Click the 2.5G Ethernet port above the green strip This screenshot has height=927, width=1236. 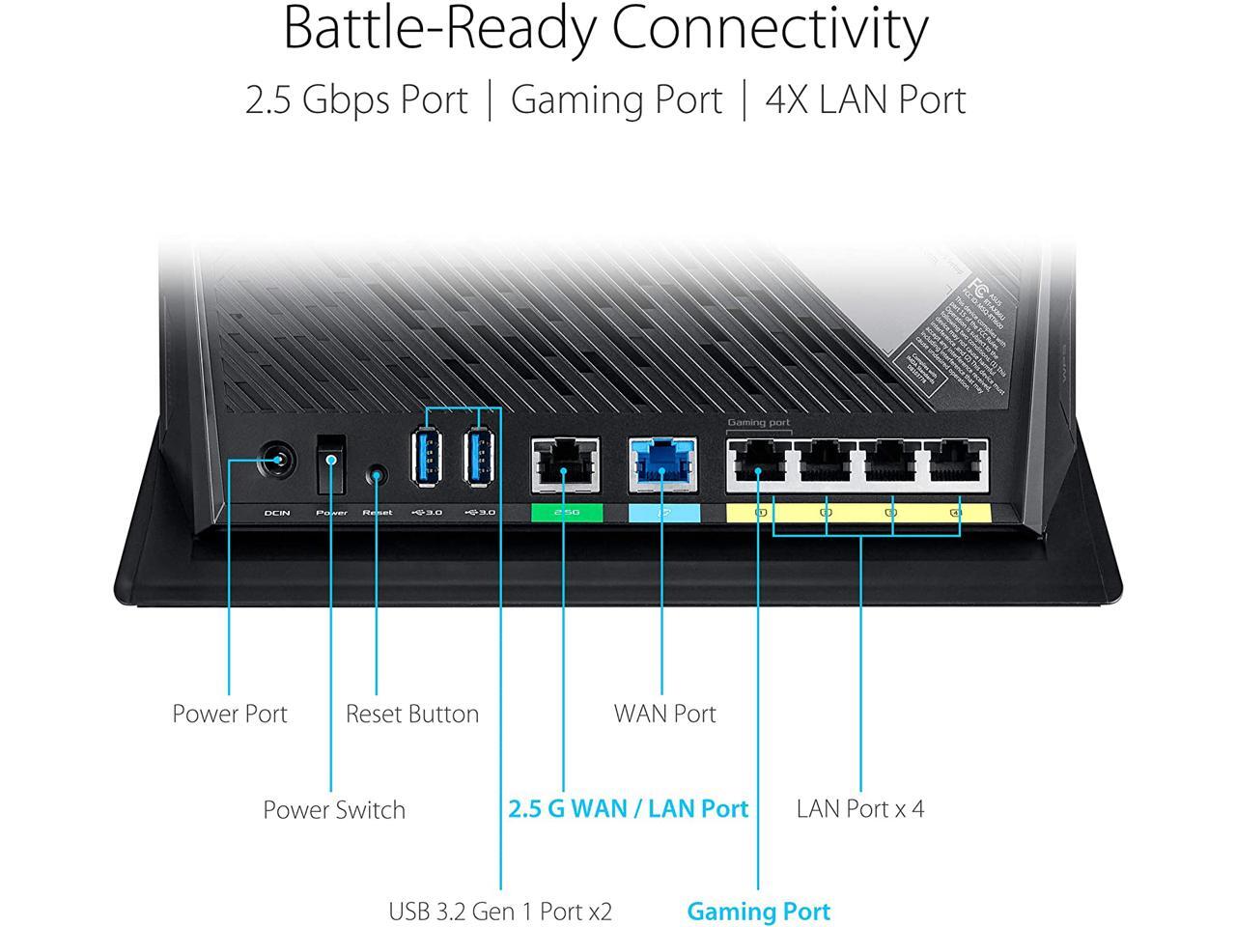click(x=565, y=464)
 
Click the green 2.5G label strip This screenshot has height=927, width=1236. click(x=566, y=513)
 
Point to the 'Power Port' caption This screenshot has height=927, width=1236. click(x=230, y=714)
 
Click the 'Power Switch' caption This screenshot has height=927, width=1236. click(x=334, y=809)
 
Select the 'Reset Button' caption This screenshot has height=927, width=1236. click(x=412, y=714)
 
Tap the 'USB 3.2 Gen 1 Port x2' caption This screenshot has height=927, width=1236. click(x=500, y=911)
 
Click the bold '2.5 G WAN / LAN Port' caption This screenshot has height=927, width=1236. click(x=628, y=808)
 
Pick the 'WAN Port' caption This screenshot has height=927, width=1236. click(x=664, y=714)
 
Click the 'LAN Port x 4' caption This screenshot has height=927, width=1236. click(x=859, y=808)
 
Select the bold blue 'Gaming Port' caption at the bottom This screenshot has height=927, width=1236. click(x=758, y=911)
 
